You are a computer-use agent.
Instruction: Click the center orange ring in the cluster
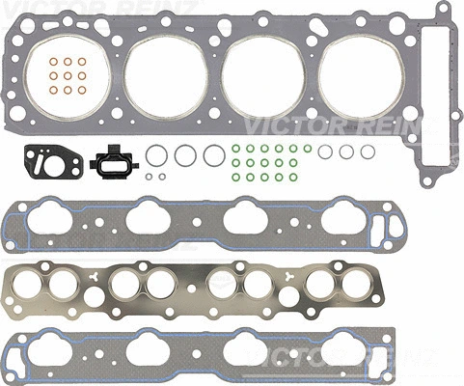[67, 76]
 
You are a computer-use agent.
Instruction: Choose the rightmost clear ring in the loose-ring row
[368, 152]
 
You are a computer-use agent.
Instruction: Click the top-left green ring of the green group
[236, 150]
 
